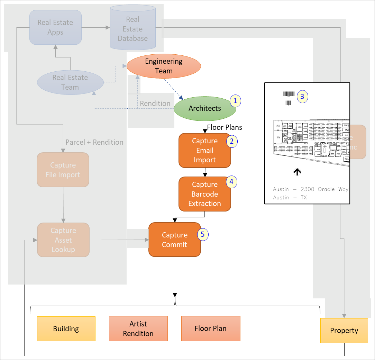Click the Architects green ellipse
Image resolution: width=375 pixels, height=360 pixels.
[205, 108]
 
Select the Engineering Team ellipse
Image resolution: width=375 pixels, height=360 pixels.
[164, 66]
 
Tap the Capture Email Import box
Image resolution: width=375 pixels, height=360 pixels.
[204, 151]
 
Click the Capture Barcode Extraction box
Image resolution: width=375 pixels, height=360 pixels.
[204, 194]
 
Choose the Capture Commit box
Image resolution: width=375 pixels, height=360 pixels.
[175, 240]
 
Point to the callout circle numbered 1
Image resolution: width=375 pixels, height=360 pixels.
[235, 101]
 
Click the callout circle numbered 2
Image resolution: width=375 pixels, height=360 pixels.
[231, 141]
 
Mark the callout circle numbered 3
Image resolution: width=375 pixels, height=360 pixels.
[302, 97]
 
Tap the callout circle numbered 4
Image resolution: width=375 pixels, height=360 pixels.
[231, 181]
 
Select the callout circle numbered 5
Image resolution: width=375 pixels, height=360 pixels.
[203, 234]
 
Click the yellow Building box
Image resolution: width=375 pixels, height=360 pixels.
[66, 329]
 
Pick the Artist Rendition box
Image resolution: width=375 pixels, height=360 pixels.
[138, 329]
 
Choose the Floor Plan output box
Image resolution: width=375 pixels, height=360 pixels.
[210, 329]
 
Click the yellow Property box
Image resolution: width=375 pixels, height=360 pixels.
[344, 331]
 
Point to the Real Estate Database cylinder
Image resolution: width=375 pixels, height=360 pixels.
[132, 29]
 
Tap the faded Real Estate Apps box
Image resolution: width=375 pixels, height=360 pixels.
[55, 27]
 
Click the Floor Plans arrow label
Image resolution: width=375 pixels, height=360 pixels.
[225, 127]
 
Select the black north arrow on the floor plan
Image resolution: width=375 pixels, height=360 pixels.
[297, 171]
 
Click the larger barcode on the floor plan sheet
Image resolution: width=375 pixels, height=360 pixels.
[289, 94]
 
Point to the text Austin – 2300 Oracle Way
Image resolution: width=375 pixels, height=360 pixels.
[310, 189]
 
